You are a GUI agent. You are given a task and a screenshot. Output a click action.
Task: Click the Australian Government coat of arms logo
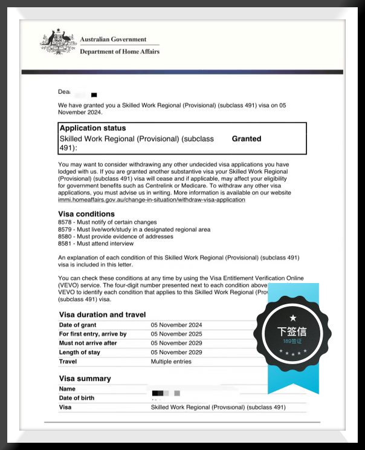[58, 42]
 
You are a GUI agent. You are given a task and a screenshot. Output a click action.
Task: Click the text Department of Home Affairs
[120, 52]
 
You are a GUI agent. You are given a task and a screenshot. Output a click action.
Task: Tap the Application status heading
[92, 128]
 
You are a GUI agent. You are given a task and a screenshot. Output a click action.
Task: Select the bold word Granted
[247, 139]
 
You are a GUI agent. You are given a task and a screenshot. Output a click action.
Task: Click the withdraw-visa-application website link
[152, 200]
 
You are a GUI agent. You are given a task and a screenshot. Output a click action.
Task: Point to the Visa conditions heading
[86, 214]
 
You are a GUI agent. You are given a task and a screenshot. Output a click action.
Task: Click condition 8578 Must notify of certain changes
[108, 223]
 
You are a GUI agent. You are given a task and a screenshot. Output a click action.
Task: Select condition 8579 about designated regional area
[134, 230]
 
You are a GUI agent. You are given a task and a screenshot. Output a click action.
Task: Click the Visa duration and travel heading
[102, 315]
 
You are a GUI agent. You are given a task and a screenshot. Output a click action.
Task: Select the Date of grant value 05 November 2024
[176, 325]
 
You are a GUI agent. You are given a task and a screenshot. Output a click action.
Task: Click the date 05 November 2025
[176, 334]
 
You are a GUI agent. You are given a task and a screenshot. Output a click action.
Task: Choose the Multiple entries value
[171, 362]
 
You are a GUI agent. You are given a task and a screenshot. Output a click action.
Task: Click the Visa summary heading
[85, 379]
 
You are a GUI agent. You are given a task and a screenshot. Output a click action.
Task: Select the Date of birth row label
[77, 398]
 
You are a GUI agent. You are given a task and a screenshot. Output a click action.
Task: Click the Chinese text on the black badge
[292, 331]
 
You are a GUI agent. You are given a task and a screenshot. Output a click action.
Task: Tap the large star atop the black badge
[293, 318]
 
